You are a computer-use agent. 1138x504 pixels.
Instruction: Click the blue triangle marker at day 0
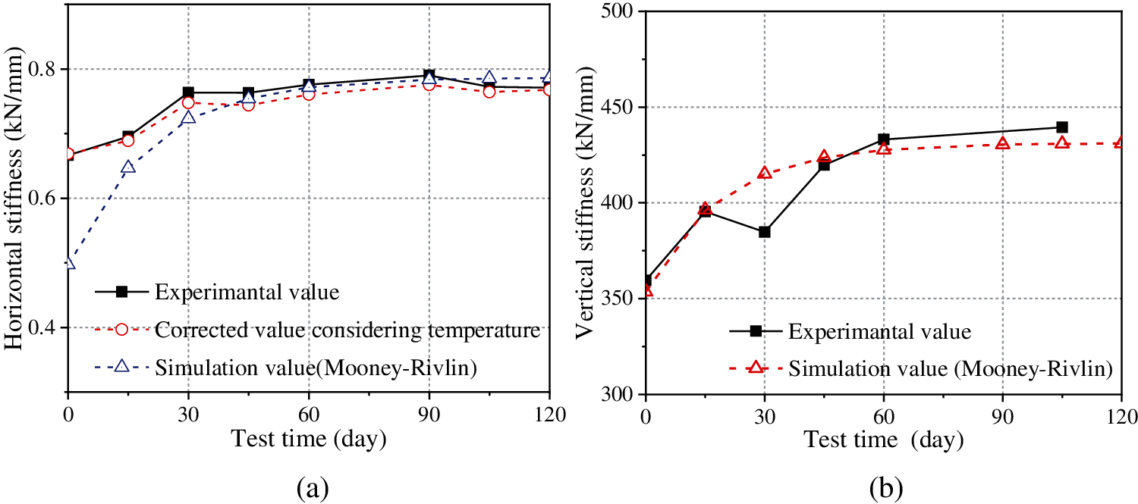coord(69,263)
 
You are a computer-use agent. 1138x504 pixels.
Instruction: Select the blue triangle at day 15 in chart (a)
coord(128,167)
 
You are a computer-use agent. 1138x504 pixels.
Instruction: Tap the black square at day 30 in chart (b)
coord(764,232)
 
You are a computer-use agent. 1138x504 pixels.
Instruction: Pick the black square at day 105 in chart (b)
coord(1061,127)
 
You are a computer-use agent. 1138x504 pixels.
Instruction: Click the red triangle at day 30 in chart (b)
coord(764,173)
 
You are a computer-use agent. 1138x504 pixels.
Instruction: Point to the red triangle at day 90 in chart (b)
coord(1002,143)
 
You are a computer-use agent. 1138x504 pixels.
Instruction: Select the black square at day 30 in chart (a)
coord(188,92)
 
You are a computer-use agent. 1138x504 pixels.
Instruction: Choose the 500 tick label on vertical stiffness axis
coord(620,11)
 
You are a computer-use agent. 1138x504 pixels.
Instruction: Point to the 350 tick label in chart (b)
coord(620,299)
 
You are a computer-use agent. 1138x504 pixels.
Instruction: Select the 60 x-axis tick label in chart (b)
coord(883,415)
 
